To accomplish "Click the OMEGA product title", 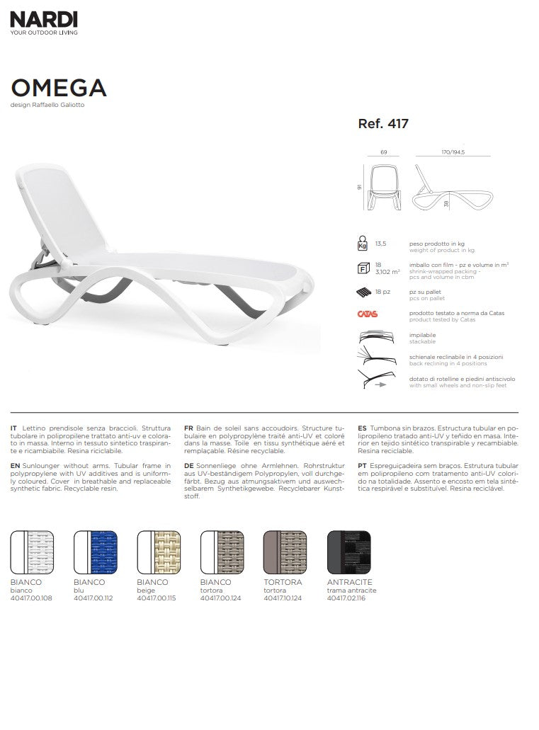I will click(59, 87).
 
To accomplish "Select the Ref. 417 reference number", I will click(383, 123).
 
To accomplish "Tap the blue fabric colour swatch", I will click(96, 553).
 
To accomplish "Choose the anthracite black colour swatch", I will click(348, 553).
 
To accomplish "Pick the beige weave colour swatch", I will click(159, 553).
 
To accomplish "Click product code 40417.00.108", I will click(31, 598).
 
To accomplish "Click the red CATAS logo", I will click(368, 314).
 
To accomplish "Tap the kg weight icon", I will click(363, 244).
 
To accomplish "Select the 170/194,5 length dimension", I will click(452, 152).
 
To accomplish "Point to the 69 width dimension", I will click(383, 152).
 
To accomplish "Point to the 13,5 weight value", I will click(380, 243).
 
